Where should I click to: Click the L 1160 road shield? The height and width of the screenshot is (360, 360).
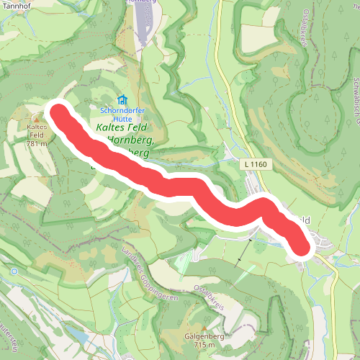click(256, 166)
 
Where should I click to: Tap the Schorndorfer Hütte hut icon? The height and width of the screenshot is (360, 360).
click(122, 100)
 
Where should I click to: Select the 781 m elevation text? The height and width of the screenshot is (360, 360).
click(36, 143)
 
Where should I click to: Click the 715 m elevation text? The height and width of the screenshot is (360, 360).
click(204, 346)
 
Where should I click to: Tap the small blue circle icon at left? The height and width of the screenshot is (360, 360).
click(13, 271)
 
